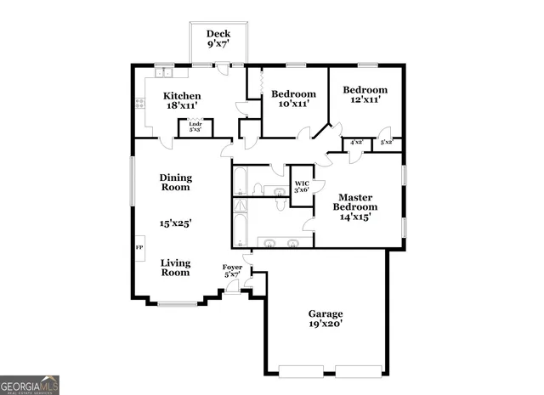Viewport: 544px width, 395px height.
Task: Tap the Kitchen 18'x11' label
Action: (182, 102)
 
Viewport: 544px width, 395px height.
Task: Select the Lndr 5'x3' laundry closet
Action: (195, 128)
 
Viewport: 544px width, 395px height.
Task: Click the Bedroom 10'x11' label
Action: (293, 99)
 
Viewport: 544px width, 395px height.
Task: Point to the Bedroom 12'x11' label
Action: (365, 95)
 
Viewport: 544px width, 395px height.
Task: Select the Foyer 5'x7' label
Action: (232, 271)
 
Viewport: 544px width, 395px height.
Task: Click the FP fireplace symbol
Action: (139, 247)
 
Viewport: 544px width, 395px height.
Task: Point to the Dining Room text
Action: (176, 182)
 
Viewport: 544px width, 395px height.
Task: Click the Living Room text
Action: (176, 268)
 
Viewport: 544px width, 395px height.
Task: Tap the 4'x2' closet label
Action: (356, 142)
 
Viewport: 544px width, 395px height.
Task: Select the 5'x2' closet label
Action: (387, 142)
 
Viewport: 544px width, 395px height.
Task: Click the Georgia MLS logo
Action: (30, 384)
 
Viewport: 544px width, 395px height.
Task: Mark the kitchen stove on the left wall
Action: (139, 104)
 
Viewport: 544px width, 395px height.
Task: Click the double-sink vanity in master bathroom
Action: (280, 242)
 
